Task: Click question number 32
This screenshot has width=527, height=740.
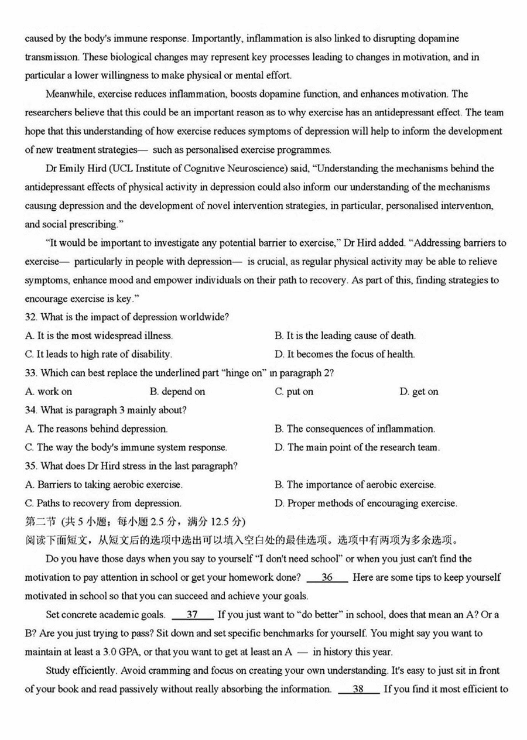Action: pos(30,317)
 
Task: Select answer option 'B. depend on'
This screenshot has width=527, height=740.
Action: pos(177,392)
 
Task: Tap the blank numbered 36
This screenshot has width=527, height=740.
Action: pos(327,577)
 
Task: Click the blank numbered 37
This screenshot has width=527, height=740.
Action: pos(192,615)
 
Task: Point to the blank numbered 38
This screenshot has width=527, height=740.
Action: pos(358,689)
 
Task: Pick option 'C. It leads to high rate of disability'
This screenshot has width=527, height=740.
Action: pos(98,354)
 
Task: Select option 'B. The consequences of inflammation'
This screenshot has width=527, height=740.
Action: pos(355,429)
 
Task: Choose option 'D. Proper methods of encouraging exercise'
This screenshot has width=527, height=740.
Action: pos(366,503)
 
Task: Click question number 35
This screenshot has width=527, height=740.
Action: pos(30,466)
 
